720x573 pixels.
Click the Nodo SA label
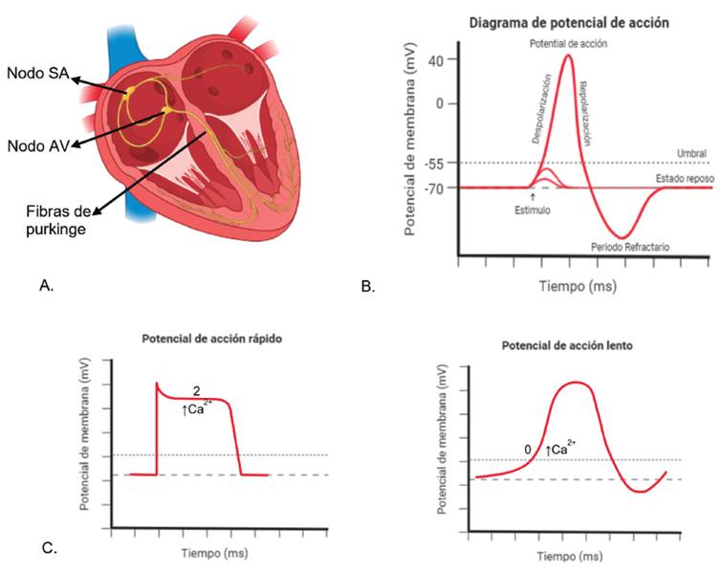coord(35,73)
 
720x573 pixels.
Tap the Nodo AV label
coord(35,144)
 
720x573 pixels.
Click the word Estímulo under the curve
coord(532,209)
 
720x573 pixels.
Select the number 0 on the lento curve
coord(527,448)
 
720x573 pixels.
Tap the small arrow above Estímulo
coord(532,196)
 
